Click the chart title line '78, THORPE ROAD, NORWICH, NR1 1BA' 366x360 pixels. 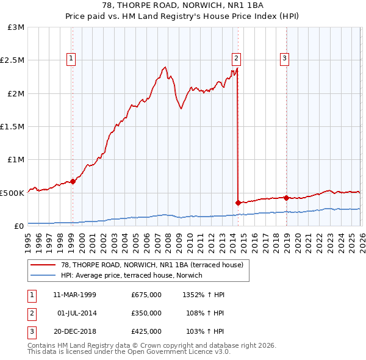click(183, 7)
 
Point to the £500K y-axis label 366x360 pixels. click(12, 193)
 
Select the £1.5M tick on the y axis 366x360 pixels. click(12, 127)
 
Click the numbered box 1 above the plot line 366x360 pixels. click(71, 59)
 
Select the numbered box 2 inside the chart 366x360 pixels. click(236, 59)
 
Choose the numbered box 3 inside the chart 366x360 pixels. click(285, 59)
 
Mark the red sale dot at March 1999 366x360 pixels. click(73, 181)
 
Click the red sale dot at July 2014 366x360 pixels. click(237, 203)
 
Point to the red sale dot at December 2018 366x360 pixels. click(285, 198)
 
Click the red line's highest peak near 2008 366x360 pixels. click(165, 67)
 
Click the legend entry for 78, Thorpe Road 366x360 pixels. click(152, 265)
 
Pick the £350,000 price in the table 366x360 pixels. click(146, 313)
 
